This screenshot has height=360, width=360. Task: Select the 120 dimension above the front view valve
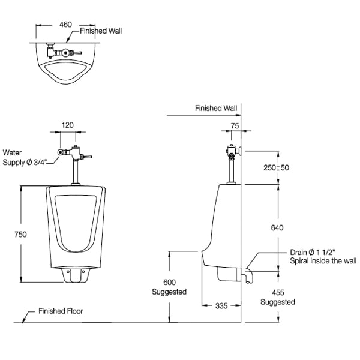coord(67,125)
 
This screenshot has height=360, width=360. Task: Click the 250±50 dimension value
coord(277,167)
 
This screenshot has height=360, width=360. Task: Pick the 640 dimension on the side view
coord(277,227)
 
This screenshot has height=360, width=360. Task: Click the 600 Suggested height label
coord(170,287)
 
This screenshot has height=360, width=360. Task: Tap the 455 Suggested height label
coord(277,297)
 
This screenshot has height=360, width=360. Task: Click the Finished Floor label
coord(61,311)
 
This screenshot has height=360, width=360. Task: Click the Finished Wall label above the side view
coord(215,109)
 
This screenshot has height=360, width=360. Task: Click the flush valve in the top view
coord(64,53)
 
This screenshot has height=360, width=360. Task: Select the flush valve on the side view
coord(232,152)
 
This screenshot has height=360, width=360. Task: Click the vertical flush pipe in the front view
coord(76,174)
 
